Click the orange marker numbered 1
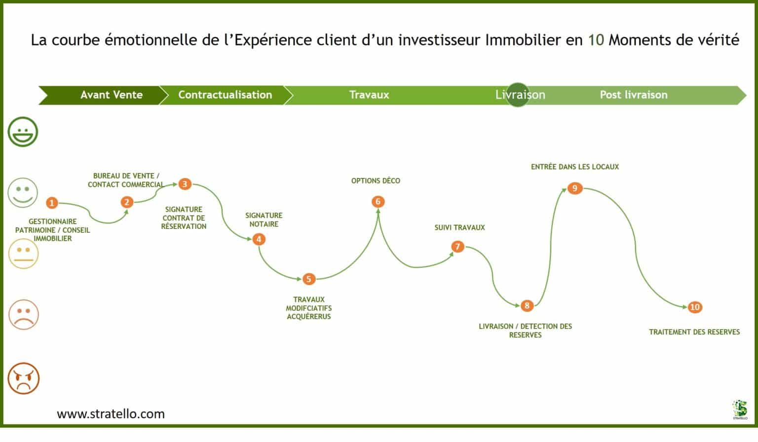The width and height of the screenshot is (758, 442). point(52,203)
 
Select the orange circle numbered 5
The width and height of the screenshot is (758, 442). point(308,279)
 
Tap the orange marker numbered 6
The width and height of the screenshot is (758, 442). point(378,201)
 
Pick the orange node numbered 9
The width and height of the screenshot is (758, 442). point(574,188)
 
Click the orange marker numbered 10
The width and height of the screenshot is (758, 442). point(694,307)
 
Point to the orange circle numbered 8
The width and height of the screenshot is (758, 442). point(527,306)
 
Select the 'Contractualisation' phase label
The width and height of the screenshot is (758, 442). point(225,95)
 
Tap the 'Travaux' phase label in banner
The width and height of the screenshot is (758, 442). point(369,95)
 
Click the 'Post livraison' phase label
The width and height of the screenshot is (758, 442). point(633,95)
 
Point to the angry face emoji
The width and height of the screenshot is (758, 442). point(23,378)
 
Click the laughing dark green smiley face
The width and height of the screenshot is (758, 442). point(23,132)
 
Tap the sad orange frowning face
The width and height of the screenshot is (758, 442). point(23,314)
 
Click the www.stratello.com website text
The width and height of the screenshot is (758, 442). point(111,414)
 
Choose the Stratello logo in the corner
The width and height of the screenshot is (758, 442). point(740,409)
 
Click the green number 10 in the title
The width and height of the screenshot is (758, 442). point(596,40)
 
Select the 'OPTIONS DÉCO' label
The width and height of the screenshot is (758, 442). point(376,181)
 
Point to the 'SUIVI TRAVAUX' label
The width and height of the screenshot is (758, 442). point(459,227)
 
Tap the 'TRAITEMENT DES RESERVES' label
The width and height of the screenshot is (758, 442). point(694,332)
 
